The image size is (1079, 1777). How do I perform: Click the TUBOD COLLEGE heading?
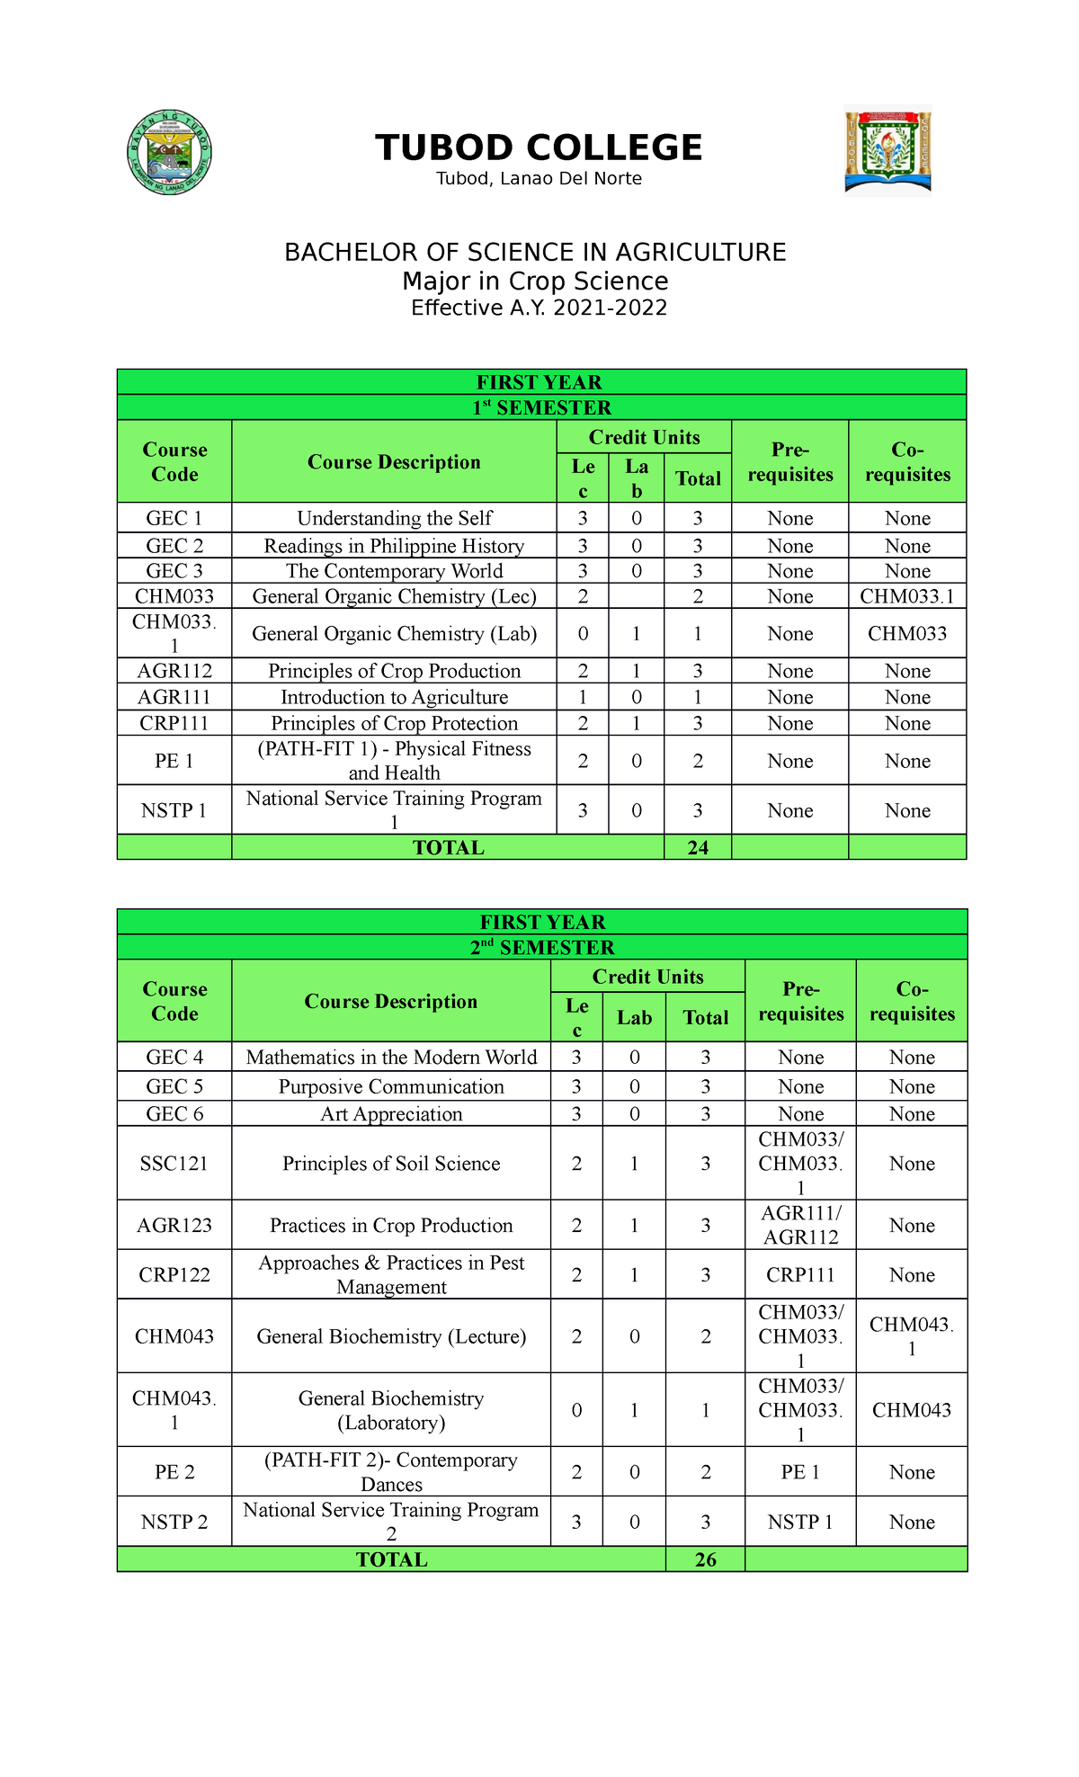pos(539,147)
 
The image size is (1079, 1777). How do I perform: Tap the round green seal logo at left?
pos(170,153)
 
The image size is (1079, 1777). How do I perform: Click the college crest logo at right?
pos(887,152)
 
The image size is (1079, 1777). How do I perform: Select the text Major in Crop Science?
pos(535,281)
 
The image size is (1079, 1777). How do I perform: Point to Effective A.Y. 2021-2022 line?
pos(539,308)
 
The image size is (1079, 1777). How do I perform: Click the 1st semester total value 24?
pos(698,847)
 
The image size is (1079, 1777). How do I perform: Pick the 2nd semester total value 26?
pos(705,1559)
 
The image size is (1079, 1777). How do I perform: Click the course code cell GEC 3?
pos(174,571)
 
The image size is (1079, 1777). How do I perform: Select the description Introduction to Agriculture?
pos(394,697)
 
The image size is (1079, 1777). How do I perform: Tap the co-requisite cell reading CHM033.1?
pos(906,596)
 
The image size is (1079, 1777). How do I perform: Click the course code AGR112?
pos(174,671)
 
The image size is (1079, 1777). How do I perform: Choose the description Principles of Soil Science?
pos(391,1164)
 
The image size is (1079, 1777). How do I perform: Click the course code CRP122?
pos(174,1274)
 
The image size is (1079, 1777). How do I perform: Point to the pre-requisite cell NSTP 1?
pos(799,1522)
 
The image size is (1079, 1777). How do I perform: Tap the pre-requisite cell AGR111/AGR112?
pos(800,1225)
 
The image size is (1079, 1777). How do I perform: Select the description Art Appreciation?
pos(391,1114)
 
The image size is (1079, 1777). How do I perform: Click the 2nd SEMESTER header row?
pos(542,947)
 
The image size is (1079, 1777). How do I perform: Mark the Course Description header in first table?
pos(394,461)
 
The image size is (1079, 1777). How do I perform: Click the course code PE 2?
pos(174,1472)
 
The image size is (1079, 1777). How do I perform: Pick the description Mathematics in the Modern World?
pos(391,1058)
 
